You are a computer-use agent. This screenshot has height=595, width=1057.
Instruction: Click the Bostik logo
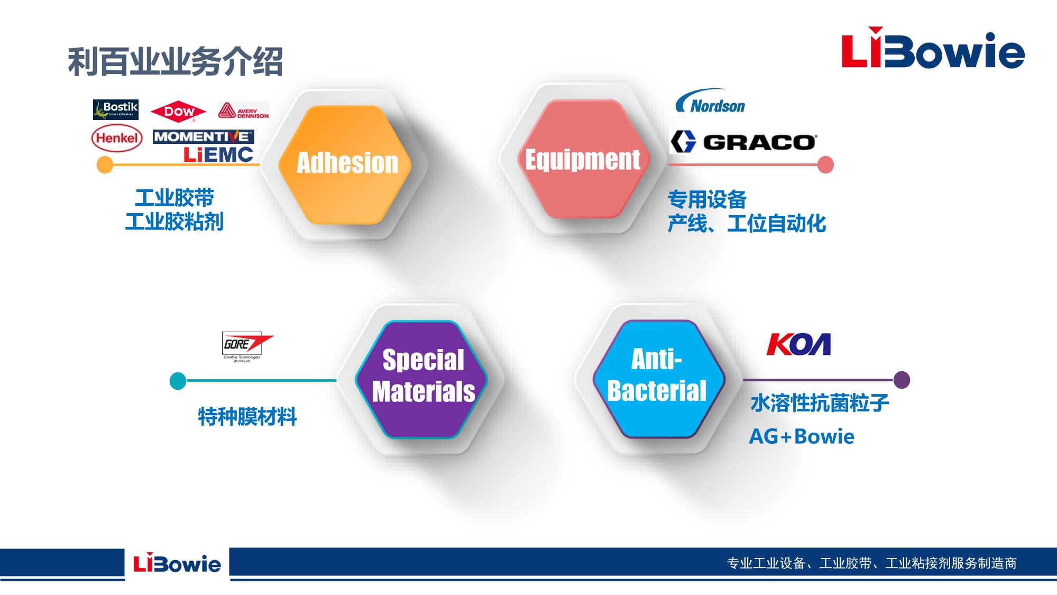point(116,109)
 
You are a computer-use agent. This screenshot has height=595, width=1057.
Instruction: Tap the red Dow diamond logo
point(178,112)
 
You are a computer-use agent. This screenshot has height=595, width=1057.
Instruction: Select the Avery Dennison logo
point(243,111)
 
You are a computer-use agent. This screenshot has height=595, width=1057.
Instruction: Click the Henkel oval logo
point(117,138)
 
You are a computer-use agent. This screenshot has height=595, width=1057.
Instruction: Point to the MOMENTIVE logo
point(204,136)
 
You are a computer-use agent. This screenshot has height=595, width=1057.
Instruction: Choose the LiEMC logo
point(218,154)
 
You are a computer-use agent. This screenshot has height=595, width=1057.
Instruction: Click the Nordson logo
point(710,102)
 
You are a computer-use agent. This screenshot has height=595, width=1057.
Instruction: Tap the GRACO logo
point(743,142)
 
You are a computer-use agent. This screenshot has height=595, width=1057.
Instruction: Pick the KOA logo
point(798,344)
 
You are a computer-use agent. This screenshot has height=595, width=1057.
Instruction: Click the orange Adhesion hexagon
point(345,164)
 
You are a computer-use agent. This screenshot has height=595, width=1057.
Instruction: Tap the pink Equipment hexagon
point(582,159)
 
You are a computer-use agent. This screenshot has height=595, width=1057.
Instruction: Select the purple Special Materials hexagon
point(422,379)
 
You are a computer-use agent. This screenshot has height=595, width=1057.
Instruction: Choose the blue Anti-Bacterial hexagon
point(658,379)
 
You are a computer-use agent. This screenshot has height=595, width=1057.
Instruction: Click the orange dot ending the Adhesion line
point(105,164)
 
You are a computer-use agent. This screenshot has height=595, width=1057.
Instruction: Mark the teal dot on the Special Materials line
point(178,381)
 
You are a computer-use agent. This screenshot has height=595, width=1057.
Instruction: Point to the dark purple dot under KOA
point(902,380)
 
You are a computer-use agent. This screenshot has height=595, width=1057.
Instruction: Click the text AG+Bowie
point(802,437)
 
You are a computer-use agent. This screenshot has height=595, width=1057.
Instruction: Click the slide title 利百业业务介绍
point(175,61)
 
